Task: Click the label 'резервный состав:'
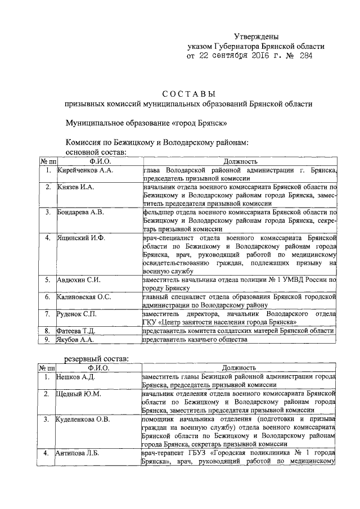[99, 358]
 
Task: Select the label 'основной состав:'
[96, 152]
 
